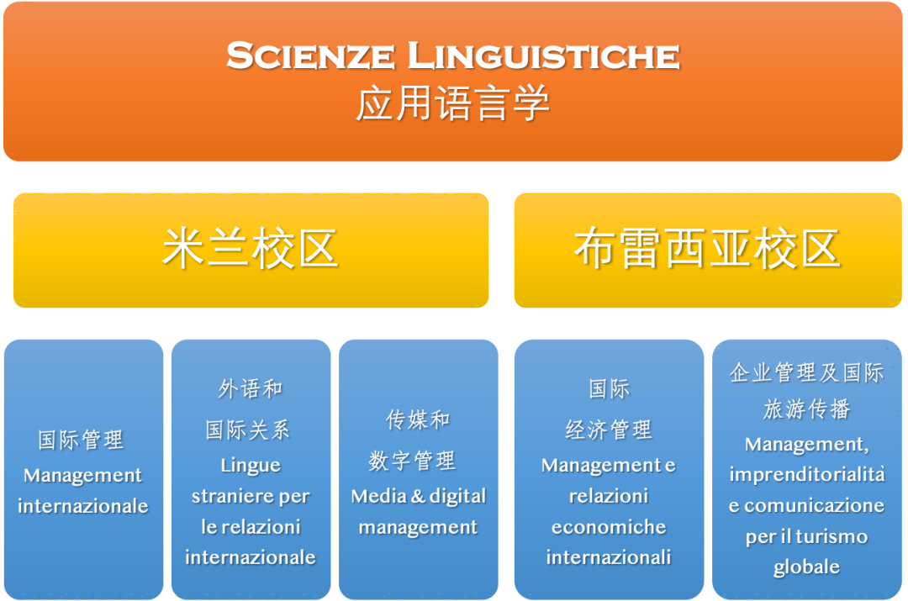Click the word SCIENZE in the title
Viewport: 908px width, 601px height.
[310, 55]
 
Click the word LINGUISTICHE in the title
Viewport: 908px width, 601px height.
[544, 55]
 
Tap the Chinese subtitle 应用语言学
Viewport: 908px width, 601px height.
[453, 103]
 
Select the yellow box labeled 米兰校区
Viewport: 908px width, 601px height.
[251, 250]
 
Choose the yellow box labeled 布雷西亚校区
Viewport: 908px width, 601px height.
[708, 250]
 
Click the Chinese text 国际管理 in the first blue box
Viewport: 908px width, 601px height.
[81, 440]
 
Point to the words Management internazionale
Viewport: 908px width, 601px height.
[82, 490]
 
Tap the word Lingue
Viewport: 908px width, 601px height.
[251, 466]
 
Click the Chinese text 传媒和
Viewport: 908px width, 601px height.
[418, 419]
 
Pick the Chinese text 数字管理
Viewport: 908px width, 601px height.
[412, 461]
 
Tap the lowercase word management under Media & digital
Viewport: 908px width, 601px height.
[418, 528]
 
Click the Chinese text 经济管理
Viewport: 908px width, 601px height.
[609, 430]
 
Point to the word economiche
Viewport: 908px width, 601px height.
[609, 527]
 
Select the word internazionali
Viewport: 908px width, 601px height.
[609, 557]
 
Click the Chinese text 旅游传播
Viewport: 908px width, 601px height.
[806, 409]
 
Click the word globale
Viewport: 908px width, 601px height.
[806, 567]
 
